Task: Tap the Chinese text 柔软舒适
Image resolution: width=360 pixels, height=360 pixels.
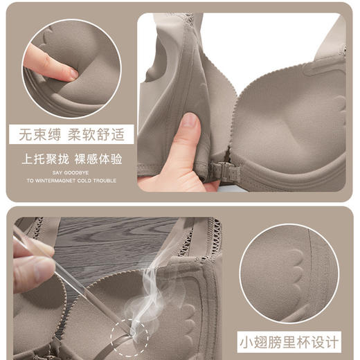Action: (94, 133)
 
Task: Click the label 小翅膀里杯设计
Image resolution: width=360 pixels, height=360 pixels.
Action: (290, 342)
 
